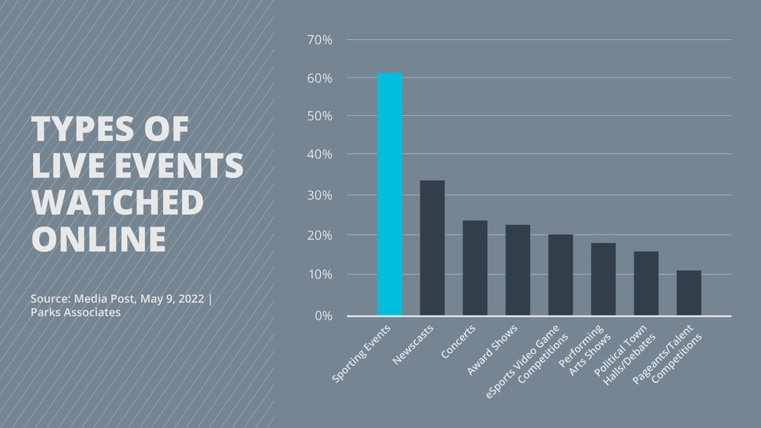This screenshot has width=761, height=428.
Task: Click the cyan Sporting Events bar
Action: click(x=389, y=193)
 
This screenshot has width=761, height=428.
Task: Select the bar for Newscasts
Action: click(x=432, y=247)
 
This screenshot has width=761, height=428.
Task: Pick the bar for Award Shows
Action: click(x=517, y=269)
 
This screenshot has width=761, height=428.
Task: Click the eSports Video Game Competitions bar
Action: click(x=561, y=275)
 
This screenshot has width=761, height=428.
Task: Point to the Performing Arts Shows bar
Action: click(x=603, y=279)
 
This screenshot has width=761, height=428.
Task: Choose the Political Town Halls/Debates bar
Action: click(x=646, y=283)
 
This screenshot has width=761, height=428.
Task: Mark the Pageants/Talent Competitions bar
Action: click(x=689, y=292)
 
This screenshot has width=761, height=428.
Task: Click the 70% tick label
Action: click(x=319, y=39)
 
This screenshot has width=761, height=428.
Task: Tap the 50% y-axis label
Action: click(x=319, y=116)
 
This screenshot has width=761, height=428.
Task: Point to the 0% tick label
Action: click(x=322, y=315)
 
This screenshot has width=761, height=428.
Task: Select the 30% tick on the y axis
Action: click(x=319, y=195)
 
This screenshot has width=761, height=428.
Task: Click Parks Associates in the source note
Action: click(x=75, y=313)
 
